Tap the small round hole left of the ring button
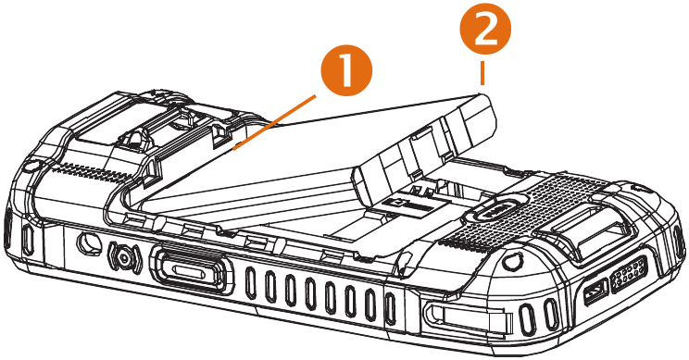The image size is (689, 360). (x=89, y=242)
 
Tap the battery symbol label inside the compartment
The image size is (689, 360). (x=403, y=204)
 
